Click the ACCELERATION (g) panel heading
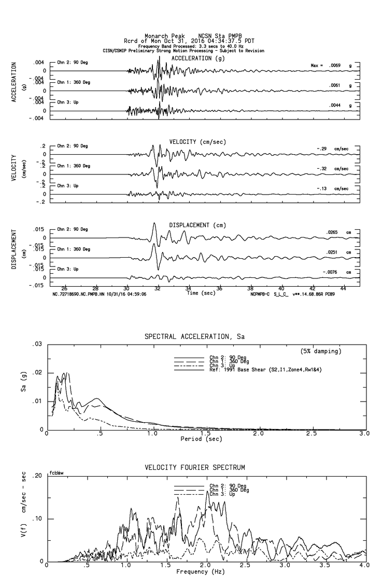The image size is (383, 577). [x=199, y=58]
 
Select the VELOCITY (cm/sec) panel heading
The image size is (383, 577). [x=197, y=142]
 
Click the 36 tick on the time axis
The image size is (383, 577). [x=219, y=288]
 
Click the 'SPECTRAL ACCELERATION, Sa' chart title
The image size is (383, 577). [x=194, y=337]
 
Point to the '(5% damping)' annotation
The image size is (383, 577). [x=321, y=351]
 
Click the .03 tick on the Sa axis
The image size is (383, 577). [x=37, y=344]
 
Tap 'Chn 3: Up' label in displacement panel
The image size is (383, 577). [x=67, y=269]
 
